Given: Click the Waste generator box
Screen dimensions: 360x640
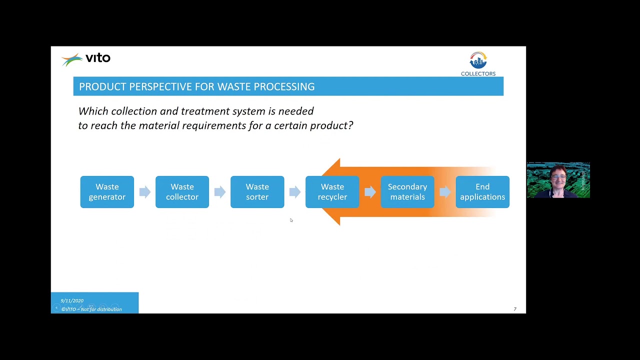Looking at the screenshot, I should pos(107,192).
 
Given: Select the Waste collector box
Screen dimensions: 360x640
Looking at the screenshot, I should pos(182,192).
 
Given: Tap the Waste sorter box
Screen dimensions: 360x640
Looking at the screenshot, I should pos(257,192).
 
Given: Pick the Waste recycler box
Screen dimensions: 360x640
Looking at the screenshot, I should pos(332,192).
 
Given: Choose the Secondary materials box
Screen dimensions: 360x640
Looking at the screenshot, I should pos(407,192).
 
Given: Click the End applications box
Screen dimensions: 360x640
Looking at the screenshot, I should pos(482,192).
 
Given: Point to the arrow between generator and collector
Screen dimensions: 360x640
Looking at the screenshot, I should pos(144,192).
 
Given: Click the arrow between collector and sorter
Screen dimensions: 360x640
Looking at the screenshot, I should pos(219,192).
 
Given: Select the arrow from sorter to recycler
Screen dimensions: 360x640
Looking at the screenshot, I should pos(294,192).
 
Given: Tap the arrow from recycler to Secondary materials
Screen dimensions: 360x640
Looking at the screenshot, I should pos(370,192).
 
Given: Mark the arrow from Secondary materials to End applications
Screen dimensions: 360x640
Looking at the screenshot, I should pos(445,192).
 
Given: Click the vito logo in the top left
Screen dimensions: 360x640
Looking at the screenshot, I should pos(86,59).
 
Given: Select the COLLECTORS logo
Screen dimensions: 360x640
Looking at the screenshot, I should pos(478,64).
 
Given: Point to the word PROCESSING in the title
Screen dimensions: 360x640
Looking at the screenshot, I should pos(284,86).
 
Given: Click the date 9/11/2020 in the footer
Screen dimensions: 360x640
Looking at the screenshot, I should pos(72,300).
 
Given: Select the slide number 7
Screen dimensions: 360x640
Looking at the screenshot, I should pos(515,309).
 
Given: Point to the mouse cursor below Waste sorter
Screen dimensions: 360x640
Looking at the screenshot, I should pos(291,220).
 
